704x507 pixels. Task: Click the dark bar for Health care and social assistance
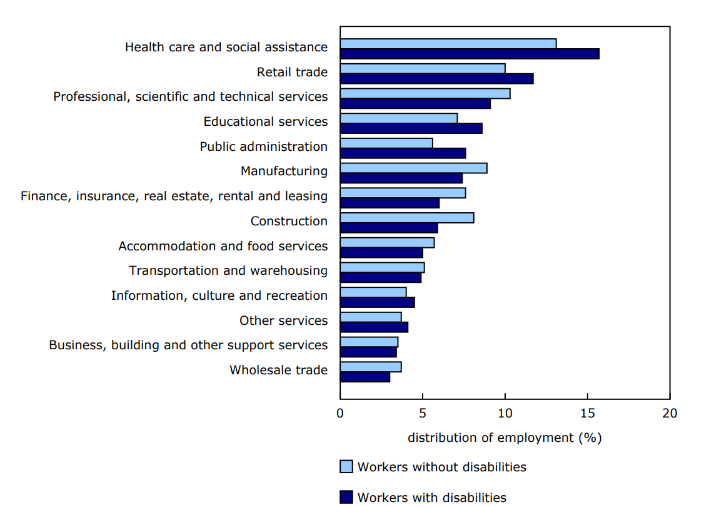(469, 54)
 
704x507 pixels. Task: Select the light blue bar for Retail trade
(423, 68)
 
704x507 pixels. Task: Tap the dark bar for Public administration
(403, 153)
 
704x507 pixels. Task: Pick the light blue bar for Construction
(407, 218)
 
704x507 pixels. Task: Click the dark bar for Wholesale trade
(365, 377)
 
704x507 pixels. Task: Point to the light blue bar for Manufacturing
(413, 168)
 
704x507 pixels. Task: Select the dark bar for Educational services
(411, 128)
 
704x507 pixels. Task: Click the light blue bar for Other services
(371, 317)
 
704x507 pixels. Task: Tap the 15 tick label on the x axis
(587, 413)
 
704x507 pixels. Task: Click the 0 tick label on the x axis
(340, 413)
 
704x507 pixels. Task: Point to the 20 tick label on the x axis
(670, 413)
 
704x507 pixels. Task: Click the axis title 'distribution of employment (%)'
(505, 438)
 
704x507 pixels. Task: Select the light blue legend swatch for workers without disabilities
(346, 467)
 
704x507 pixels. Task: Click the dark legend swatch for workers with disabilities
(346, 498)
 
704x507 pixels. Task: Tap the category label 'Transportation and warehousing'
(228, 270)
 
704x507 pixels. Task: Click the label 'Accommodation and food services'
(223, 246)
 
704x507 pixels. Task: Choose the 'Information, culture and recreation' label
(219, 295)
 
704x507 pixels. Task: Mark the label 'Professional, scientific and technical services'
(190, 96)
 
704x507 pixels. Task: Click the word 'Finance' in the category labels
(46, 196)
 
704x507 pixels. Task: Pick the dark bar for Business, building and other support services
(368, 352)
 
